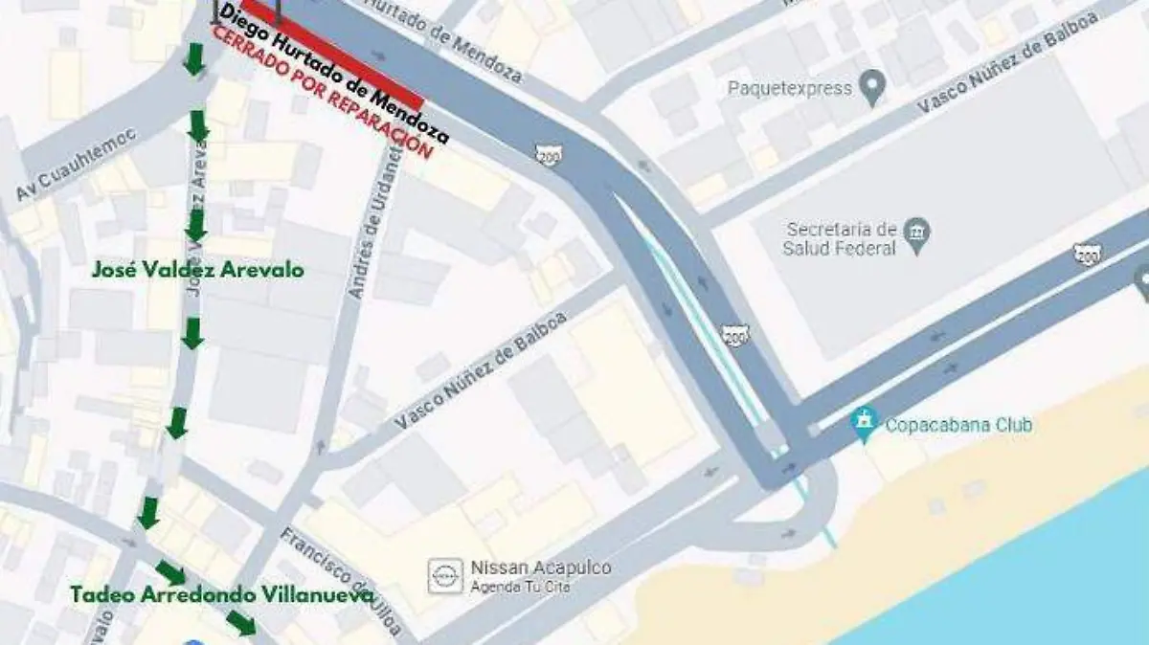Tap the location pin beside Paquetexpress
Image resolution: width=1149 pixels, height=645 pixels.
870,89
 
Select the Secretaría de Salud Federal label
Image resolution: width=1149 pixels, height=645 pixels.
842,239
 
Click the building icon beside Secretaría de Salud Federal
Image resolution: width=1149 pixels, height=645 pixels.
917,233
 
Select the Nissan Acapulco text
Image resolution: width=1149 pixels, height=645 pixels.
540,568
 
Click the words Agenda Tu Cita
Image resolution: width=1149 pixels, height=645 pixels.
520,587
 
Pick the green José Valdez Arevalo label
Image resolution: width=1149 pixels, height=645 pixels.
198,271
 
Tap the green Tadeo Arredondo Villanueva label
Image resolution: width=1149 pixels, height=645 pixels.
221,595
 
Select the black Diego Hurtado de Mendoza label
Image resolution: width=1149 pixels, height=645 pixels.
335,74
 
